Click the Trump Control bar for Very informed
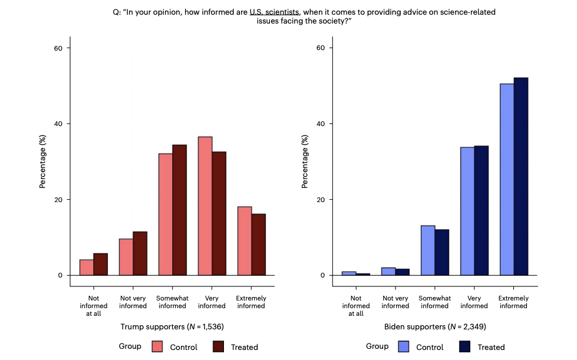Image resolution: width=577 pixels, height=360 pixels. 205,206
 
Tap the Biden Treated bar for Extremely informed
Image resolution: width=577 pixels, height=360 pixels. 520,177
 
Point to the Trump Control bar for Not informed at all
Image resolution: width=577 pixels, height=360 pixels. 87,267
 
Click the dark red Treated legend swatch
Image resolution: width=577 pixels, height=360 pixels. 218,346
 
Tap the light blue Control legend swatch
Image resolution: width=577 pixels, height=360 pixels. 404,346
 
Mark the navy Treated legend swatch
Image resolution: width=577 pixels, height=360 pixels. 464,346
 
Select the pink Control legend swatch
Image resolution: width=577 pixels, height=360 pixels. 157,346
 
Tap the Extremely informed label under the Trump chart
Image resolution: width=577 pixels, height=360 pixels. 251,302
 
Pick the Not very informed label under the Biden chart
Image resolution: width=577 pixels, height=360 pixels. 395,302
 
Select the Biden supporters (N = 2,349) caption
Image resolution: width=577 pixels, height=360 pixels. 426,326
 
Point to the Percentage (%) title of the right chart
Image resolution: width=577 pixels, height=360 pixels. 305,161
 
